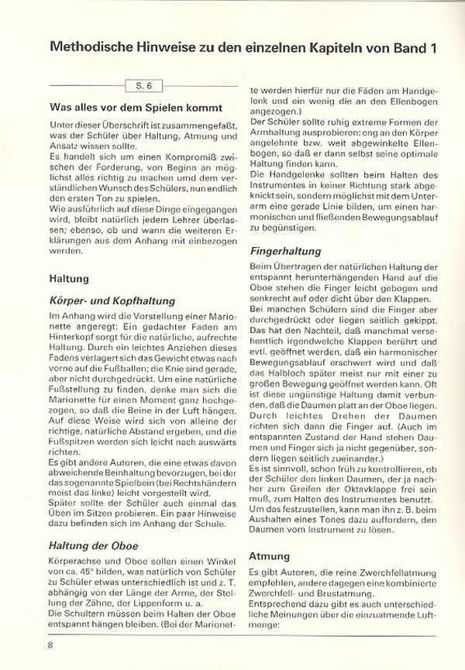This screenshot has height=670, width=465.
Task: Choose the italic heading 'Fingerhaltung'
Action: [285, 251]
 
